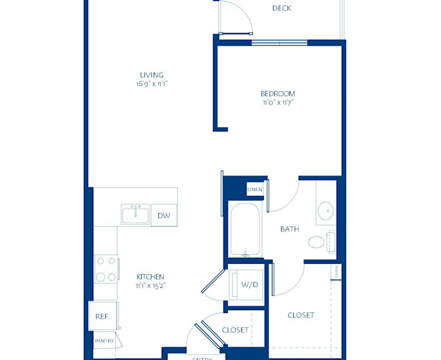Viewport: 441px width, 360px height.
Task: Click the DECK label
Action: [x=282, y=9]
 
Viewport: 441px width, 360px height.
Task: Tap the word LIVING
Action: [x=152, y=75]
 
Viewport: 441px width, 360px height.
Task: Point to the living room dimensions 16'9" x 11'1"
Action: [x=152, y=84]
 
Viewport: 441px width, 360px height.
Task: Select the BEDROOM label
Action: [x=278, y=93]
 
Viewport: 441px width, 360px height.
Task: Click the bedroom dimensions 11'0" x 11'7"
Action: [x=278, y=103]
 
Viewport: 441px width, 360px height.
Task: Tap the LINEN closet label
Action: [x=254, y=190]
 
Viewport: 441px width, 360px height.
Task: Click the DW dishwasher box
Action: [x=164, y=215]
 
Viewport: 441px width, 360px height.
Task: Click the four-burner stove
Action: [x=107, y=268]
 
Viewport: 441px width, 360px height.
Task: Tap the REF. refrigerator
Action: [x=102, y=316]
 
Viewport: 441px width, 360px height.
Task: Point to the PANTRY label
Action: [x=104, y=341]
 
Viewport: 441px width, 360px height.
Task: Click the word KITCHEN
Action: [x=150, y=277]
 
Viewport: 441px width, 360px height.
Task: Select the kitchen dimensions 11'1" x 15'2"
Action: [x=150, y=286]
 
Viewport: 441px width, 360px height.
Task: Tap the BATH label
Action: [x=290, y=229]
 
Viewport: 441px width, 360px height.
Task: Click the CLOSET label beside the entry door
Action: [x=234, y=330]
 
